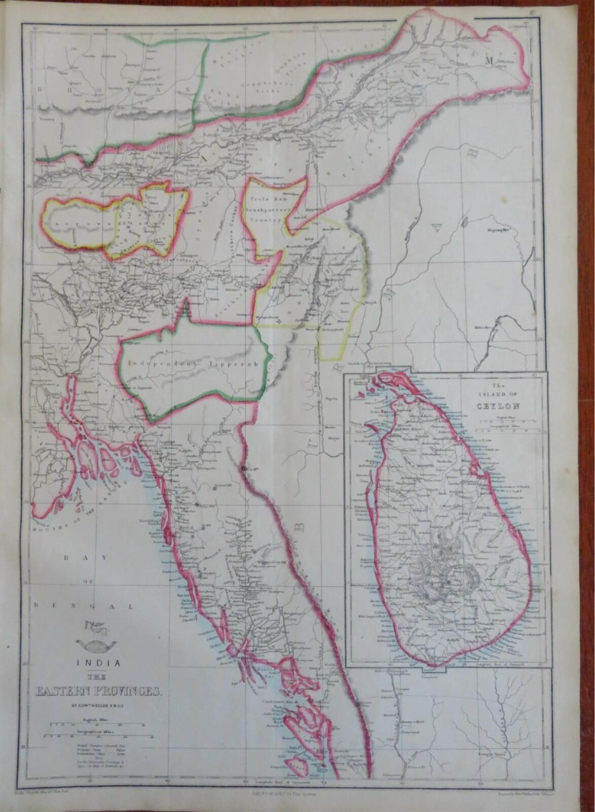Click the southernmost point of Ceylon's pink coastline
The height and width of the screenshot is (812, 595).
[x=430, y=664]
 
